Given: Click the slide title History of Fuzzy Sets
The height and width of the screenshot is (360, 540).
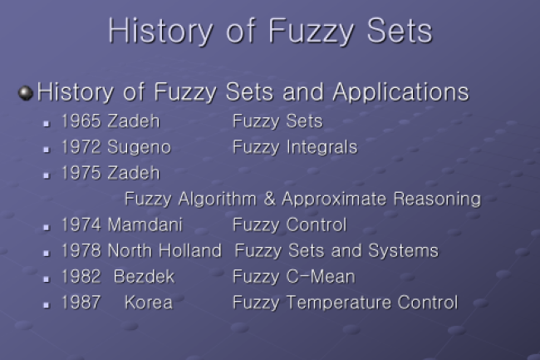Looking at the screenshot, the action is (270, 31).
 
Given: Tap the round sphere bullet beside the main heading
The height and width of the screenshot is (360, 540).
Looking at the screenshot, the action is (26, 93).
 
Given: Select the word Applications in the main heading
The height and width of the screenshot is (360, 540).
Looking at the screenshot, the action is (401, 92).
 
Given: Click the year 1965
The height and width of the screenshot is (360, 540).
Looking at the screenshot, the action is (81, 121).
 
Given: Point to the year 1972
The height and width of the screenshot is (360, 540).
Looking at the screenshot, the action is (81, 147).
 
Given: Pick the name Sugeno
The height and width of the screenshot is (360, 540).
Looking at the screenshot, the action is (139, 148).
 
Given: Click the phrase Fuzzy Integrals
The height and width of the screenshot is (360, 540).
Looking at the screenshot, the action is (295, 148).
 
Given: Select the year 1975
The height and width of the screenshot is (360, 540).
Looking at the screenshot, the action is (81, 173).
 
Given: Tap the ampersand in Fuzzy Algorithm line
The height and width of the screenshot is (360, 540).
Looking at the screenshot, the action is (270, 199).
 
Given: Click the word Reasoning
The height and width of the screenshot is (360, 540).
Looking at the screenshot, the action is (437, 200).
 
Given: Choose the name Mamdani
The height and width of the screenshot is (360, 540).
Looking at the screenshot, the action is (145, 225).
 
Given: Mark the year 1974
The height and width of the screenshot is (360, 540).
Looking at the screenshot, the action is (81, 225).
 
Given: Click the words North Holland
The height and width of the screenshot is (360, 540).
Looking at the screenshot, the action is (164, 251).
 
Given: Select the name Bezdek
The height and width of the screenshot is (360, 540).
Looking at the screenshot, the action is (145, 277).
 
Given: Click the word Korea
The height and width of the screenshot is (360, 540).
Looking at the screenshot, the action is (149, 303).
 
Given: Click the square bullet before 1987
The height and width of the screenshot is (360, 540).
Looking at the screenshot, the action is (47, 305).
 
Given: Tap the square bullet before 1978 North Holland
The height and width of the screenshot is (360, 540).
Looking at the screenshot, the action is (47, 254).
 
